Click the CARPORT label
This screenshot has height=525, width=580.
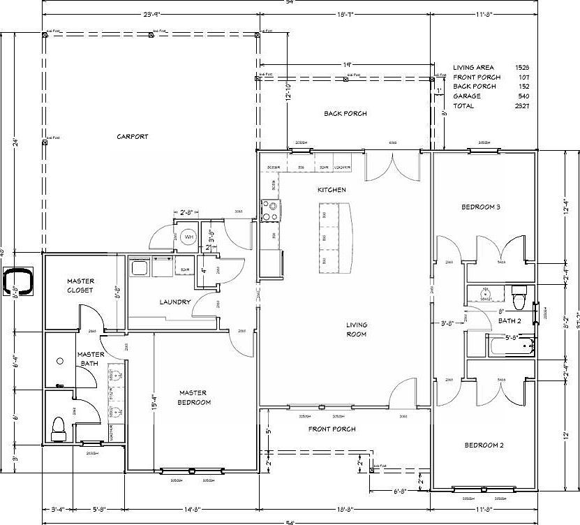133,137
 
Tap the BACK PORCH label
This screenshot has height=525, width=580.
345,114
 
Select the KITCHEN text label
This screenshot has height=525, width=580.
332,190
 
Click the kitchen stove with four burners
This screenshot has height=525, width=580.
270,209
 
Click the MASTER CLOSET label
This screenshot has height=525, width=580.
81,285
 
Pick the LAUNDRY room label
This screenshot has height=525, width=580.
174,302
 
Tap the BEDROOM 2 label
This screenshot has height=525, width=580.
483,445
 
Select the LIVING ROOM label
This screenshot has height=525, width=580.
356,330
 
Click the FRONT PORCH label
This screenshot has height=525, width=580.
332,429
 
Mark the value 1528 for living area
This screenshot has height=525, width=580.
521,67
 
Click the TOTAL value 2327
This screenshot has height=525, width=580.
521,106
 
